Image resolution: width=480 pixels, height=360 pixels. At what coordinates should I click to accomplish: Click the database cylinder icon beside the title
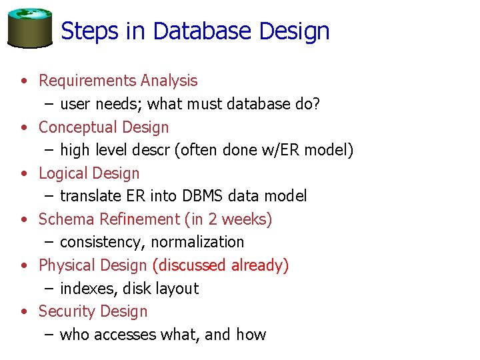pos(30,27)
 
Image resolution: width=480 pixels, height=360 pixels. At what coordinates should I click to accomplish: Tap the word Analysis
pos(169,81)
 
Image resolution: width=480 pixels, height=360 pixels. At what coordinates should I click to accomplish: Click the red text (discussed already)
pos(220,265)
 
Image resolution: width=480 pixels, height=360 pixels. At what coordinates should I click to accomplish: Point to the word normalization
pos(197,242)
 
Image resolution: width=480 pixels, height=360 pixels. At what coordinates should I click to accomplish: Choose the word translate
pos(88,196)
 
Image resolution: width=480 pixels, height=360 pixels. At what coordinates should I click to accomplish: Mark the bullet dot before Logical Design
pos(24,174)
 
